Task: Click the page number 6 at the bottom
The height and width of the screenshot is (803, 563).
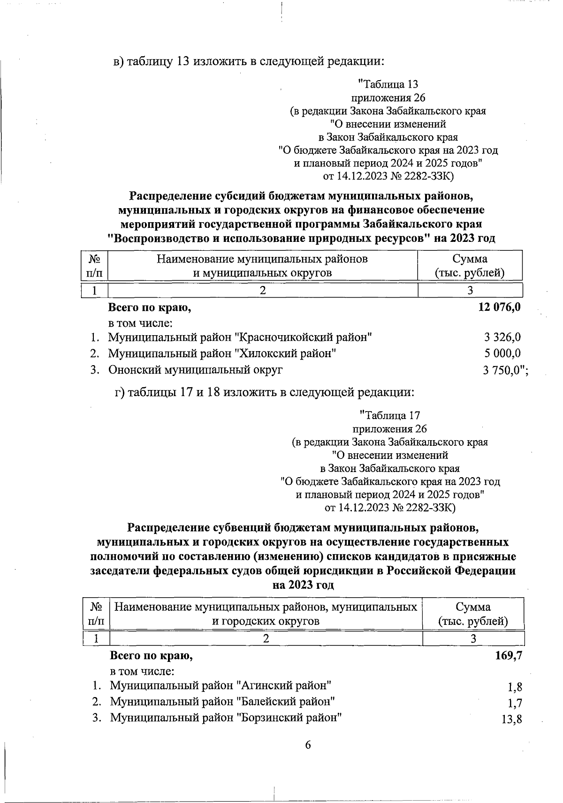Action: coord(308,745)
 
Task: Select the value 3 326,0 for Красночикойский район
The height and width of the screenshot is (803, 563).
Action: coord(502,337)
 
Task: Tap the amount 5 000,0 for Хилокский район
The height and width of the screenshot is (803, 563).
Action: coord(502,353)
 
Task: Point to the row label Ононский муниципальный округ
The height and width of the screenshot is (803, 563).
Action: coord(196,370)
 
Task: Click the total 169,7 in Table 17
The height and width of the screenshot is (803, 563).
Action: coord(509,655)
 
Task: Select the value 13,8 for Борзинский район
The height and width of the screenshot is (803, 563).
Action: coord(512,720)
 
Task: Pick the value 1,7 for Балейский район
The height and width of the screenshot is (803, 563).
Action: coord(515,703)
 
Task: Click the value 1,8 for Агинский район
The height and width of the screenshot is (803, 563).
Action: coord(515,687)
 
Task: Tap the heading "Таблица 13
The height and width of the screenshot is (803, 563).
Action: coord(388,84)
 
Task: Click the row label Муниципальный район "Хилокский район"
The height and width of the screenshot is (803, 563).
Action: coord(222,353)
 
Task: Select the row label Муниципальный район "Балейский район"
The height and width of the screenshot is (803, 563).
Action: coord(222,702)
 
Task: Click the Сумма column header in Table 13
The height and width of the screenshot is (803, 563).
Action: coord(470,265)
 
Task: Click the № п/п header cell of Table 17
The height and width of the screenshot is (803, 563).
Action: coord(96,614)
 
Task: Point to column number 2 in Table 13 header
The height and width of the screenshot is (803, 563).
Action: coord(263,290)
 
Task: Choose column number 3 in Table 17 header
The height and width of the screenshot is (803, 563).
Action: coord(473,638)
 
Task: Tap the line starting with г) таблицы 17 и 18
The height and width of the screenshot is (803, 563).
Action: coord(265,392)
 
